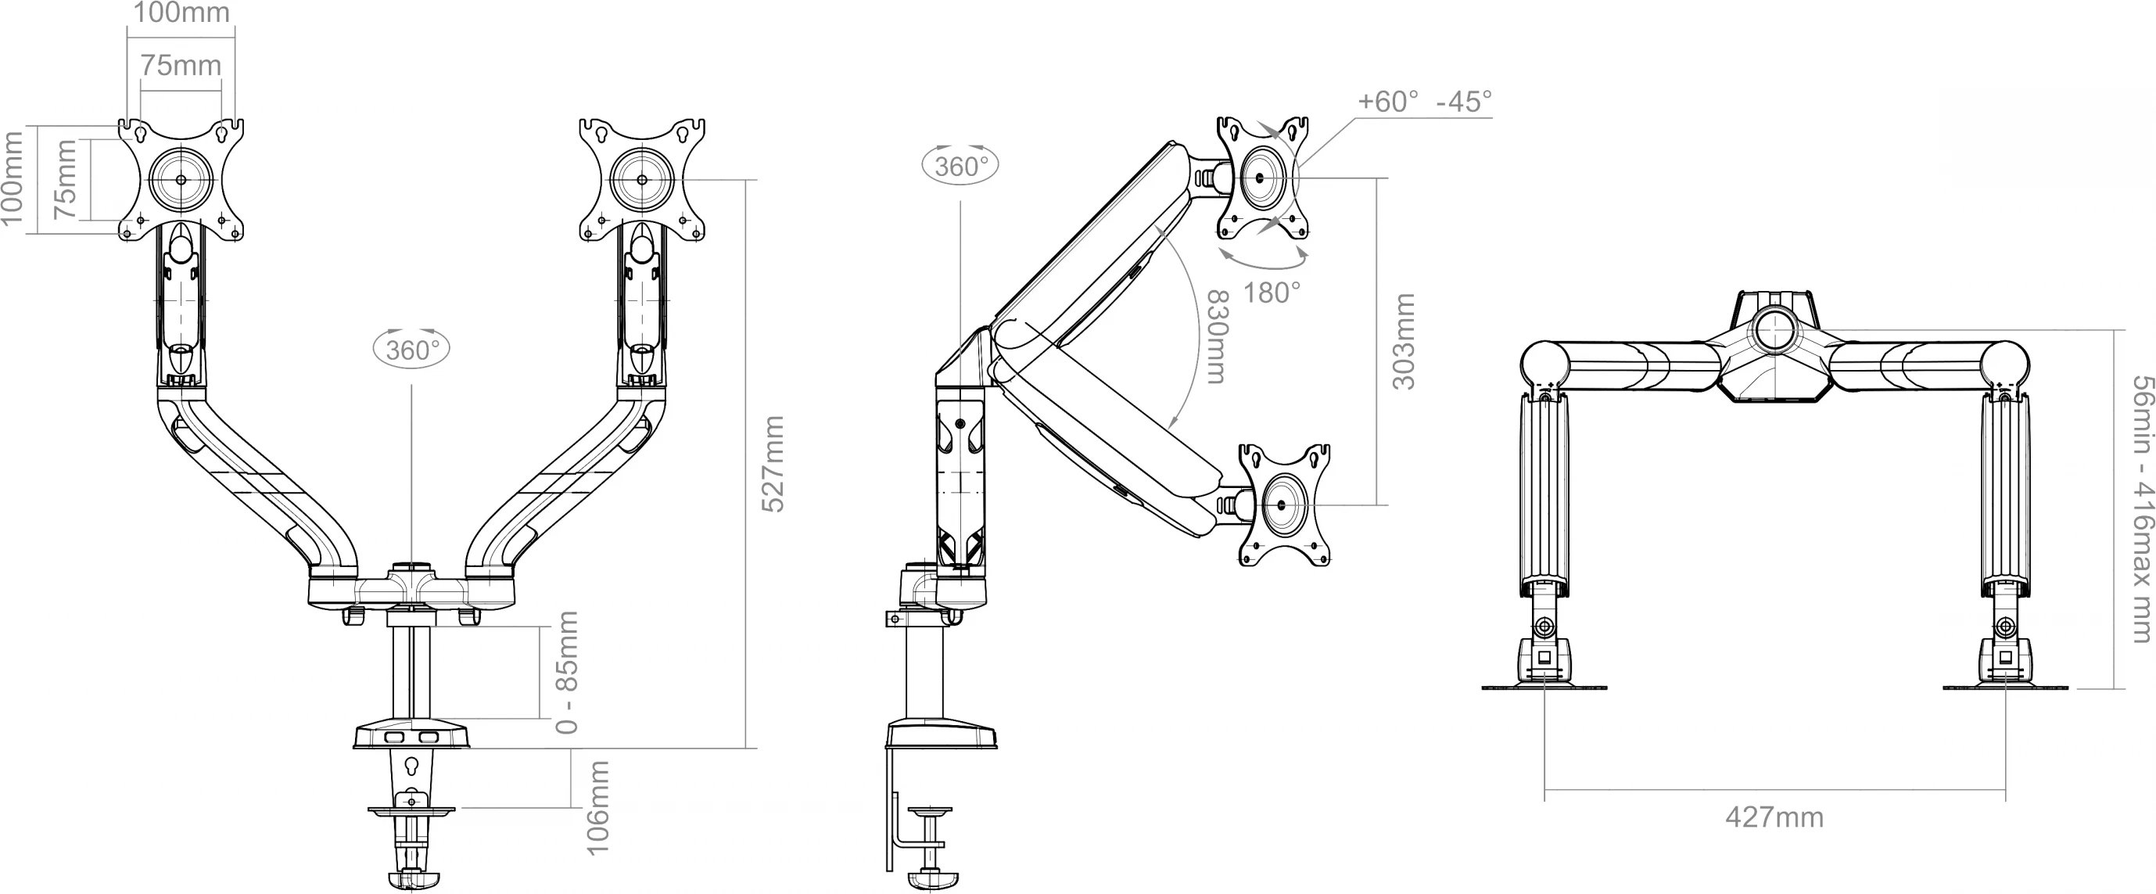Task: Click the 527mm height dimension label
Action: tap(773, 464)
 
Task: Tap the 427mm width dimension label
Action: tap(1774, 817)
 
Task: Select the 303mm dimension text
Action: tap(1404, 342)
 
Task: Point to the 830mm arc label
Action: tap(1216, 336)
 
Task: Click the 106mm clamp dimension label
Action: tap(597, 808)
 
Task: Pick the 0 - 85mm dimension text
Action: tap(568, 673)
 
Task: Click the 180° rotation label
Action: tap(1272, 293)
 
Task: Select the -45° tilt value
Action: tap(1464, 101)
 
